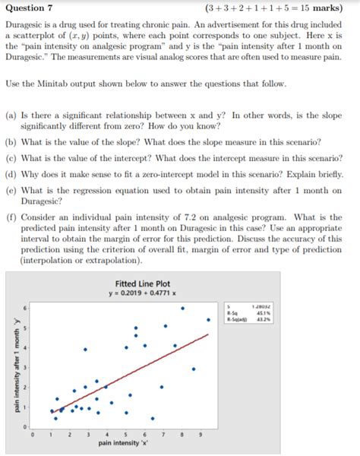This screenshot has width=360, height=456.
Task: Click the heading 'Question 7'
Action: click(29, 8)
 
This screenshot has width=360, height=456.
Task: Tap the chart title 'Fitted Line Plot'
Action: click(142, 283)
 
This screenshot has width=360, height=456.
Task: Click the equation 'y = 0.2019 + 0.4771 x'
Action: click(142, 293)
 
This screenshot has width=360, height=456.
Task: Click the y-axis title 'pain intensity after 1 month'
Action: click(14, 365)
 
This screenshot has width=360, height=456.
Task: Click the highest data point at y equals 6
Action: click(182, 309)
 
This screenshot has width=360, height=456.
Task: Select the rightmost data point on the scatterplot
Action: click(208, 320)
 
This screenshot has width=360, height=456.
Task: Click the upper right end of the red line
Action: click(208, 334)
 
